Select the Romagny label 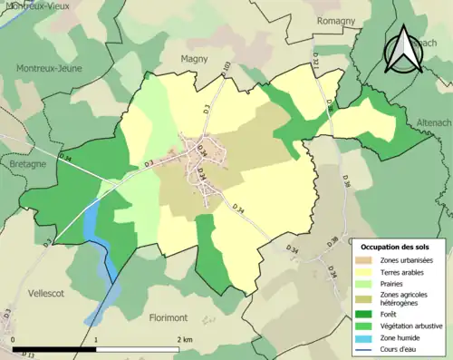click(337, 20)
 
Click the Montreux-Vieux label click(38, 6)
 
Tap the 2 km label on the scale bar click(184, 339)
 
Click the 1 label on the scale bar click(97, 339)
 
